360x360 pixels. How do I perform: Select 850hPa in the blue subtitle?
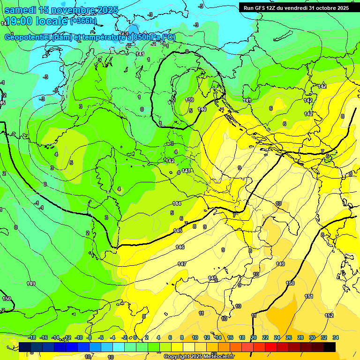[142, 37]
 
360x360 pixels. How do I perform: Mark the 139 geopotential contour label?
[190, 100]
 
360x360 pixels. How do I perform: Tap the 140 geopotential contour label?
[202, 109]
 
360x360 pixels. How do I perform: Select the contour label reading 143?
[186, 171]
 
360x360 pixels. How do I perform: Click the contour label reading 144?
[177, 203]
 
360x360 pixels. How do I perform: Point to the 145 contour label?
[178, 231]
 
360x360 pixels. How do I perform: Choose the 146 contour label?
[180, 247]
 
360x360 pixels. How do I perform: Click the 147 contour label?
[182, 264]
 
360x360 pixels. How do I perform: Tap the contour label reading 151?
[309, 296]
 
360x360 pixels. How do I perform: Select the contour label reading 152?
[329, 315]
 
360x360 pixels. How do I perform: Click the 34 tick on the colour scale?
[335, 337]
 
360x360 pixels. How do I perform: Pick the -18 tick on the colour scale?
[32, 337]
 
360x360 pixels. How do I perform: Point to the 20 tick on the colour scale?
[254, 337]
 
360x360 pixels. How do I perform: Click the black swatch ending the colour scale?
[329, 347]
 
